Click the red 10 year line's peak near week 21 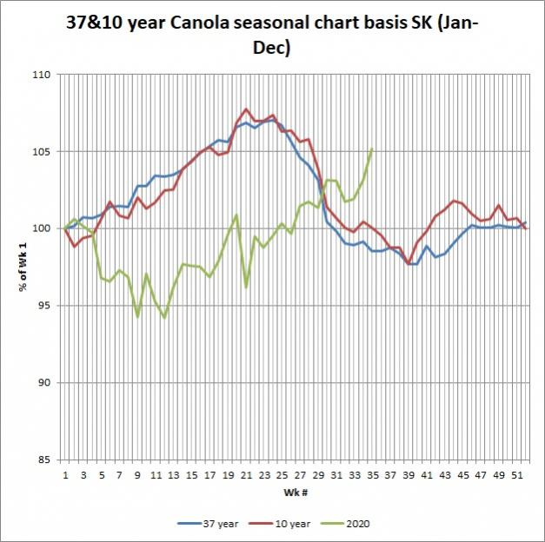click(246, 109)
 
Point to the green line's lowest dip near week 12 click(164, 318)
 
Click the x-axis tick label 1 click(66, 475)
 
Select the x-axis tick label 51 click(516, 475)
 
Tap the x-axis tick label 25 click(282, 475)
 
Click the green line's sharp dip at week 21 click(246, 287)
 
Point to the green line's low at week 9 click(137, 317)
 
